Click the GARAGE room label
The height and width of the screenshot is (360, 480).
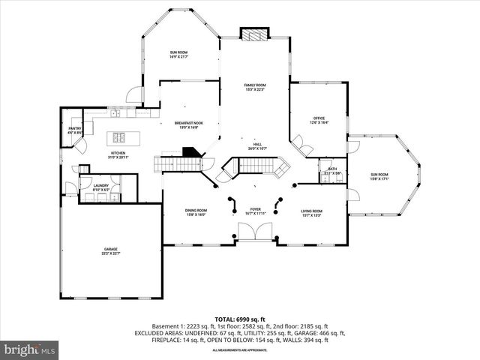point(111,250)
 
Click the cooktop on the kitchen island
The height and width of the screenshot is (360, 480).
point(119,137)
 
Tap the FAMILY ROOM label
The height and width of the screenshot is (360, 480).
point(255,88)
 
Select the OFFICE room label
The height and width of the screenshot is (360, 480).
point(318,121)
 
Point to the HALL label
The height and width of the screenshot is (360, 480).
point(256,145)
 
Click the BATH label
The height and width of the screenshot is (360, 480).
point(331,170)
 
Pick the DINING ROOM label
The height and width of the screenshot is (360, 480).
point(196,213)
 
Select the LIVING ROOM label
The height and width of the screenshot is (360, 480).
point(312,213)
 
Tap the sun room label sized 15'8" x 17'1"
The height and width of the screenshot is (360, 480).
point(379,177)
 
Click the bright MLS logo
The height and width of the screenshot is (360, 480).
point(30,349)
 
